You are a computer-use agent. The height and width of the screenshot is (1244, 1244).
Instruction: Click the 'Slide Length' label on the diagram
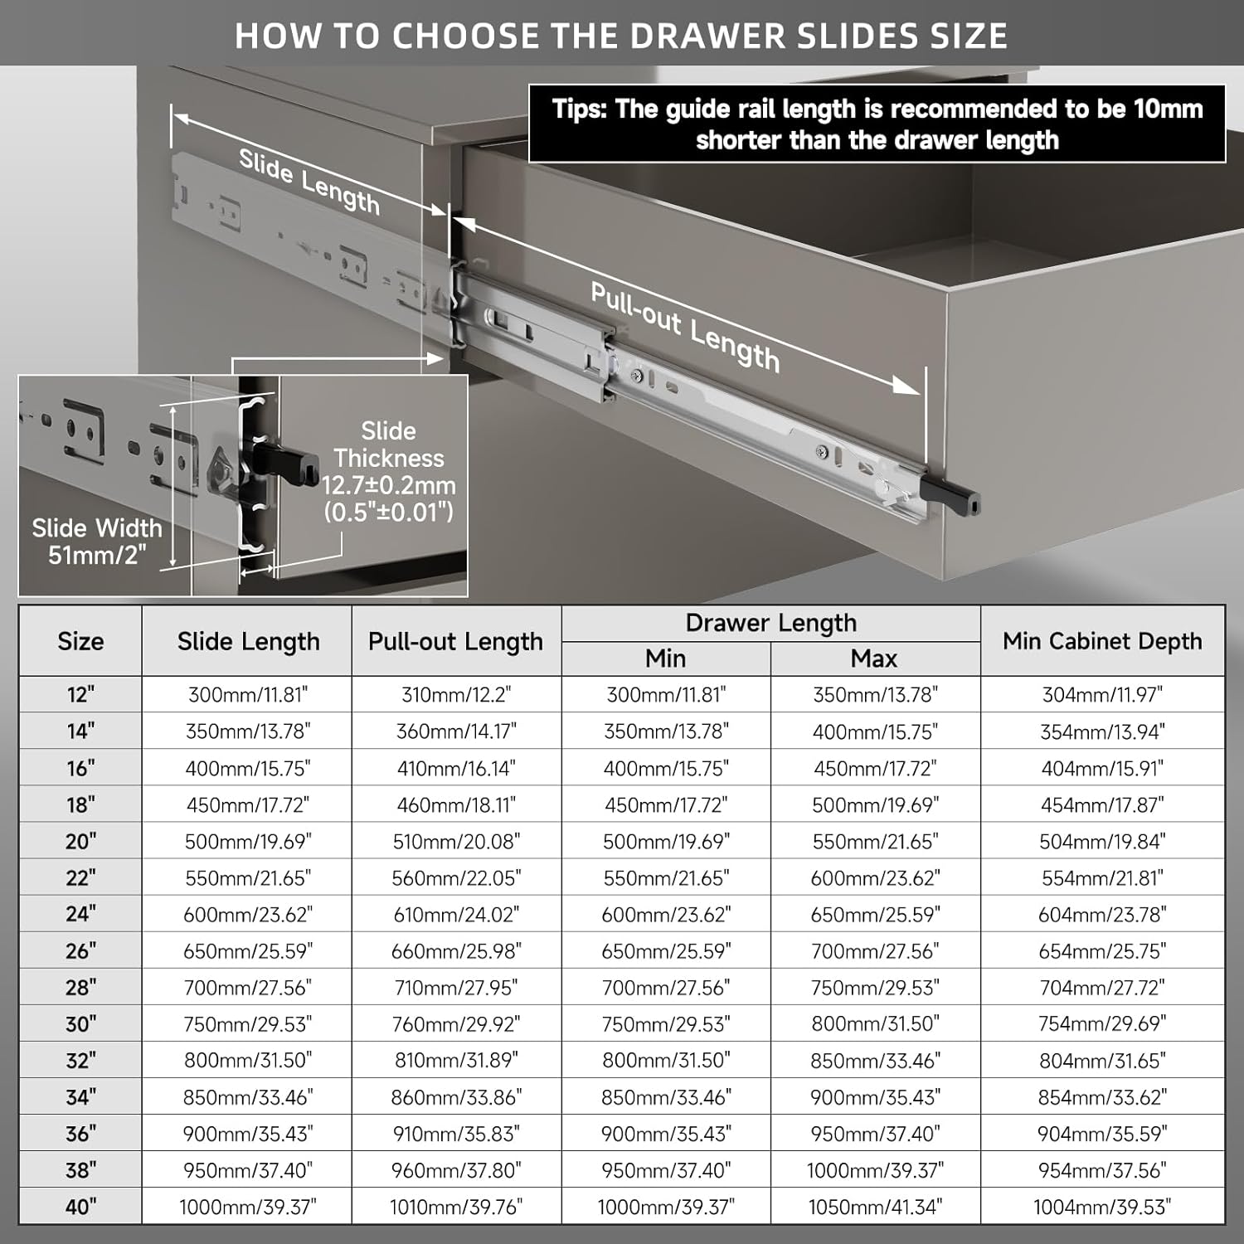pos(309,182)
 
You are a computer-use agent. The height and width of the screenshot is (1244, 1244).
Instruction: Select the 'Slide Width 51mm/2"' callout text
pos(97,542)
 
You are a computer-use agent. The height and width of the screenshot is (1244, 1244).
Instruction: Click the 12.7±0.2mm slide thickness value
pos(389,485)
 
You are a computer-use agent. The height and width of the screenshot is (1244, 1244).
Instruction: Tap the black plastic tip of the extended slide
pos(961,500)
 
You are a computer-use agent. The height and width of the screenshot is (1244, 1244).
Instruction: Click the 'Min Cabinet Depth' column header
pos(1102,641)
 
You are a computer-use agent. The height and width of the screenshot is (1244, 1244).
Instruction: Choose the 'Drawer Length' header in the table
pos(770,623)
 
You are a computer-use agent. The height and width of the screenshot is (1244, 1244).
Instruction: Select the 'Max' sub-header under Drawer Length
pos(874,658)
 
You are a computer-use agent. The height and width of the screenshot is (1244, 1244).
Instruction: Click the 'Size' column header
pos(80,641)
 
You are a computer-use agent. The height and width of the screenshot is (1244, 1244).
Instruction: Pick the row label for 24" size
pos(80,914)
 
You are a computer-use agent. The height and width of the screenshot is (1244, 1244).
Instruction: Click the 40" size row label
pos(80,1206)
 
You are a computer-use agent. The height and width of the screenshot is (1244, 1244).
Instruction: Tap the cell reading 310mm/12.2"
pos(456,694)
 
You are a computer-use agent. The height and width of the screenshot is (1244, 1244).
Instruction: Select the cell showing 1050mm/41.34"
pos(875,1206)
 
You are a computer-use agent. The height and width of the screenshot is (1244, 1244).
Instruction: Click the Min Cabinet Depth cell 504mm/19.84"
pos(1102,841)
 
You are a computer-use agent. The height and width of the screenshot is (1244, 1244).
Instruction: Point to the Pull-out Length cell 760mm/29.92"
pos(456,1023)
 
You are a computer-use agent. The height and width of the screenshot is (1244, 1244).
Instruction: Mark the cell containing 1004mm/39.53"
pos(1102,1206)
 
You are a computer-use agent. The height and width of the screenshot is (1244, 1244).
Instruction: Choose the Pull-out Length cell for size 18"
pos(456,804)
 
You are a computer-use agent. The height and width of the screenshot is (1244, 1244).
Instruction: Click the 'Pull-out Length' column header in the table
pos(456,641)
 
